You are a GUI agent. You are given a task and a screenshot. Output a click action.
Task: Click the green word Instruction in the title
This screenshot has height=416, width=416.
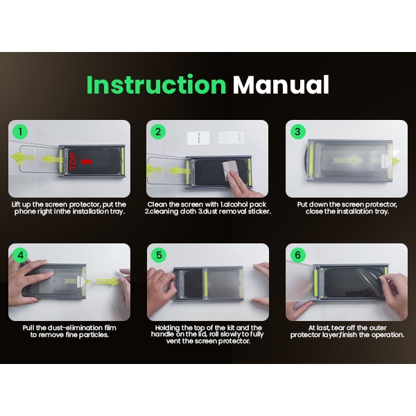pyautogui.click(x=156, y=85)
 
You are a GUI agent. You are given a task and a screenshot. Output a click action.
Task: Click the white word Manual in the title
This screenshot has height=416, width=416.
pyautogui.click(x=281, y=85)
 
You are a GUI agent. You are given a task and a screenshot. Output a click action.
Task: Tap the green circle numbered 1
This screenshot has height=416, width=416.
pyautogui.click(x=20, y=132)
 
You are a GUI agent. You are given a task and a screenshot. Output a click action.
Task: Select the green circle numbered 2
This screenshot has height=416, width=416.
pyautogui.click(x=158, y=132)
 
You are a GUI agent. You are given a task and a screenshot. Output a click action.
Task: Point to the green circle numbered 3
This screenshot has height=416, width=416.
pyautogui.click(x=297, y=132)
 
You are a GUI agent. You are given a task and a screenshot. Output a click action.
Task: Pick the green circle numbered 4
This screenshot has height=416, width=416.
pyautogui.click(x=20, y=255)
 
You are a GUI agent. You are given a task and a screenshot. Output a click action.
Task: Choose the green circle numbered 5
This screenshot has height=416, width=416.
pyautogui.click(x=159, y=255)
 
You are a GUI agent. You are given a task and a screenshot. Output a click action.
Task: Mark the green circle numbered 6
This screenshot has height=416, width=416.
pyautogui.click(x=297, y=255)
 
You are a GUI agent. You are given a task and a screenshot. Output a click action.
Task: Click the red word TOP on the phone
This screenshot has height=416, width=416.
pyautogui.click(x=73, y=162)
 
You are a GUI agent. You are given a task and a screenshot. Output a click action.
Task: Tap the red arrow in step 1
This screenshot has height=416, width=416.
pyautogui.click(x=86, y=162)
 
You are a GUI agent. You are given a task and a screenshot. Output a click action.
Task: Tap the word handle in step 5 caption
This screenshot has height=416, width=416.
pyautogui.click(x=162, y=334)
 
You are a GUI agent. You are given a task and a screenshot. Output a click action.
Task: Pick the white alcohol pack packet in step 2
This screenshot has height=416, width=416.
pyautogui.click(x=198, y=138)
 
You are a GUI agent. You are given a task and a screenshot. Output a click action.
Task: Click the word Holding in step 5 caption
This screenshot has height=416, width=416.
pyautogui.click(x=167, y=328)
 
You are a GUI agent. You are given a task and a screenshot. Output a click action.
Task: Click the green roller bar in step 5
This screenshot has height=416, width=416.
pyautogui.click(x=206, y=284)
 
